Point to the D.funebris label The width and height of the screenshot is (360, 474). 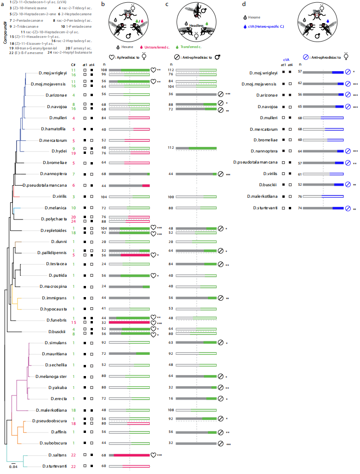[55, 320]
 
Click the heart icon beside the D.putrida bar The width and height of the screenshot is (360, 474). [154, 275]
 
